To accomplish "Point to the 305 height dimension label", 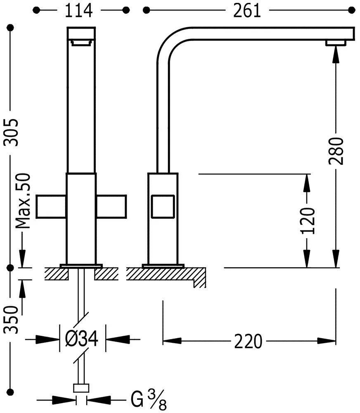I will click(11, 133).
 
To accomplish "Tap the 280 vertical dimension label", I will click(336, 151).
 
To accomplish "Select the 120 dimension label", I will click(307, 221).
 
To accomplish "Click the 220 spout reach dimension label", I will click(248, 341).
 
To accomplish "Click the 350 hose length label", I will click(11, 320).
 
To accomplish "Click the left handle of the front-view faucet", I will click(51, 206).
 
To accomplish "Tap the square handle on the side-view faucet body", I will click(163, 206).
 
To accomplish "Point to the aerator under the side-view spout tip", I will click(336, 43).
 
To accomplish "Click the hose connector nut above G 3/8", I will click(81, 388).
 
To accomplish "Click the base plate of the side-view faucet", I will click(163, 265).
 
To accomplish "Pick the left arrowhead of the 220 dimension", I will click(172, 341).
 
